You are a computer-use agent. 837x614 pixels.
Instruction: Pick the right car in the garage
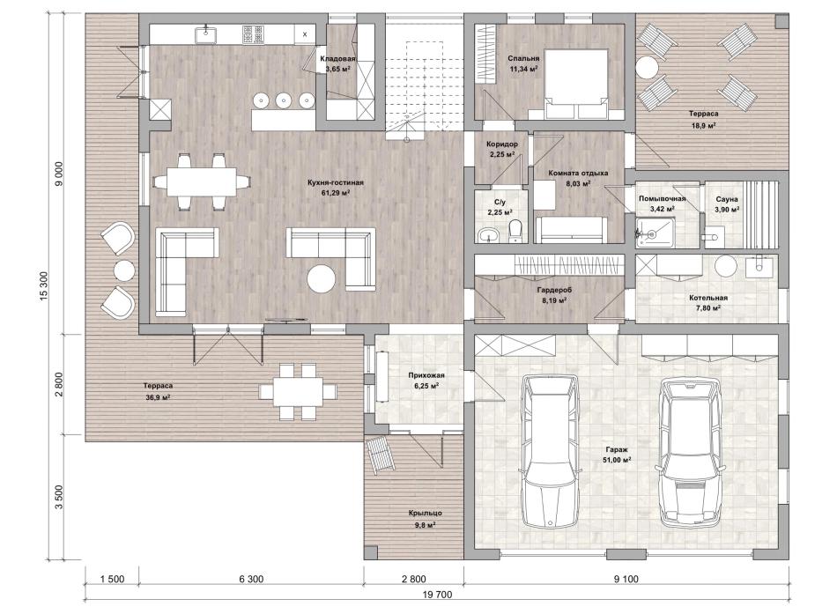(x=692, y=452)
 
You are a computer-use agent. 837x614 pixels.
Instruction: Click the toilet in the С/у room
(x=515, y=233)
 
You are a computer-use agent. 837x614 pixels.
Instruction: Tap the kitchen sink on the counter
(x=205, y=34)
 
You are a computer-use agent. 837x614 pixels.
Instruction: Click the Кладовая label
(x=337, y=59)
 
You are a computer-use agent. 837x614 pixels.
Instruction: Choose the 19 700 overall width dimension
(x=437, y=595)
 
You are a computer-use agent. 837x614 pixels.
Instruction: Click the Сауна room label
(x=727, y=199)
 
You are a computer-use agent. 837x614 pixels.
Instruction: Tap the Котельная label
(x=708, y=298)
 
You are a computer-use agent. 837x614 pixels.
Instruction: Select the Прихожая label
(x=426, y=375)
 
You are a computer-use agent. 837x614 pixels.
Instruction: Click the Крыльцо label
(x=426, y=513)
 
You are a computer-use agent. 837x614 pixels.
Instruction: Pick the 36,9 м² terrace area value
(x=158, y=396)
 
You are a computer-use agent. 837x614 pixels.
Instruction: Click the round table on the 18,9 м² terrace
(x=647, y=69)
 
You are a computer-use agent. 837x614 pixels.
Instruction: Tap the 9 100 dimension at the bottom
(x=626, y=580)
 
